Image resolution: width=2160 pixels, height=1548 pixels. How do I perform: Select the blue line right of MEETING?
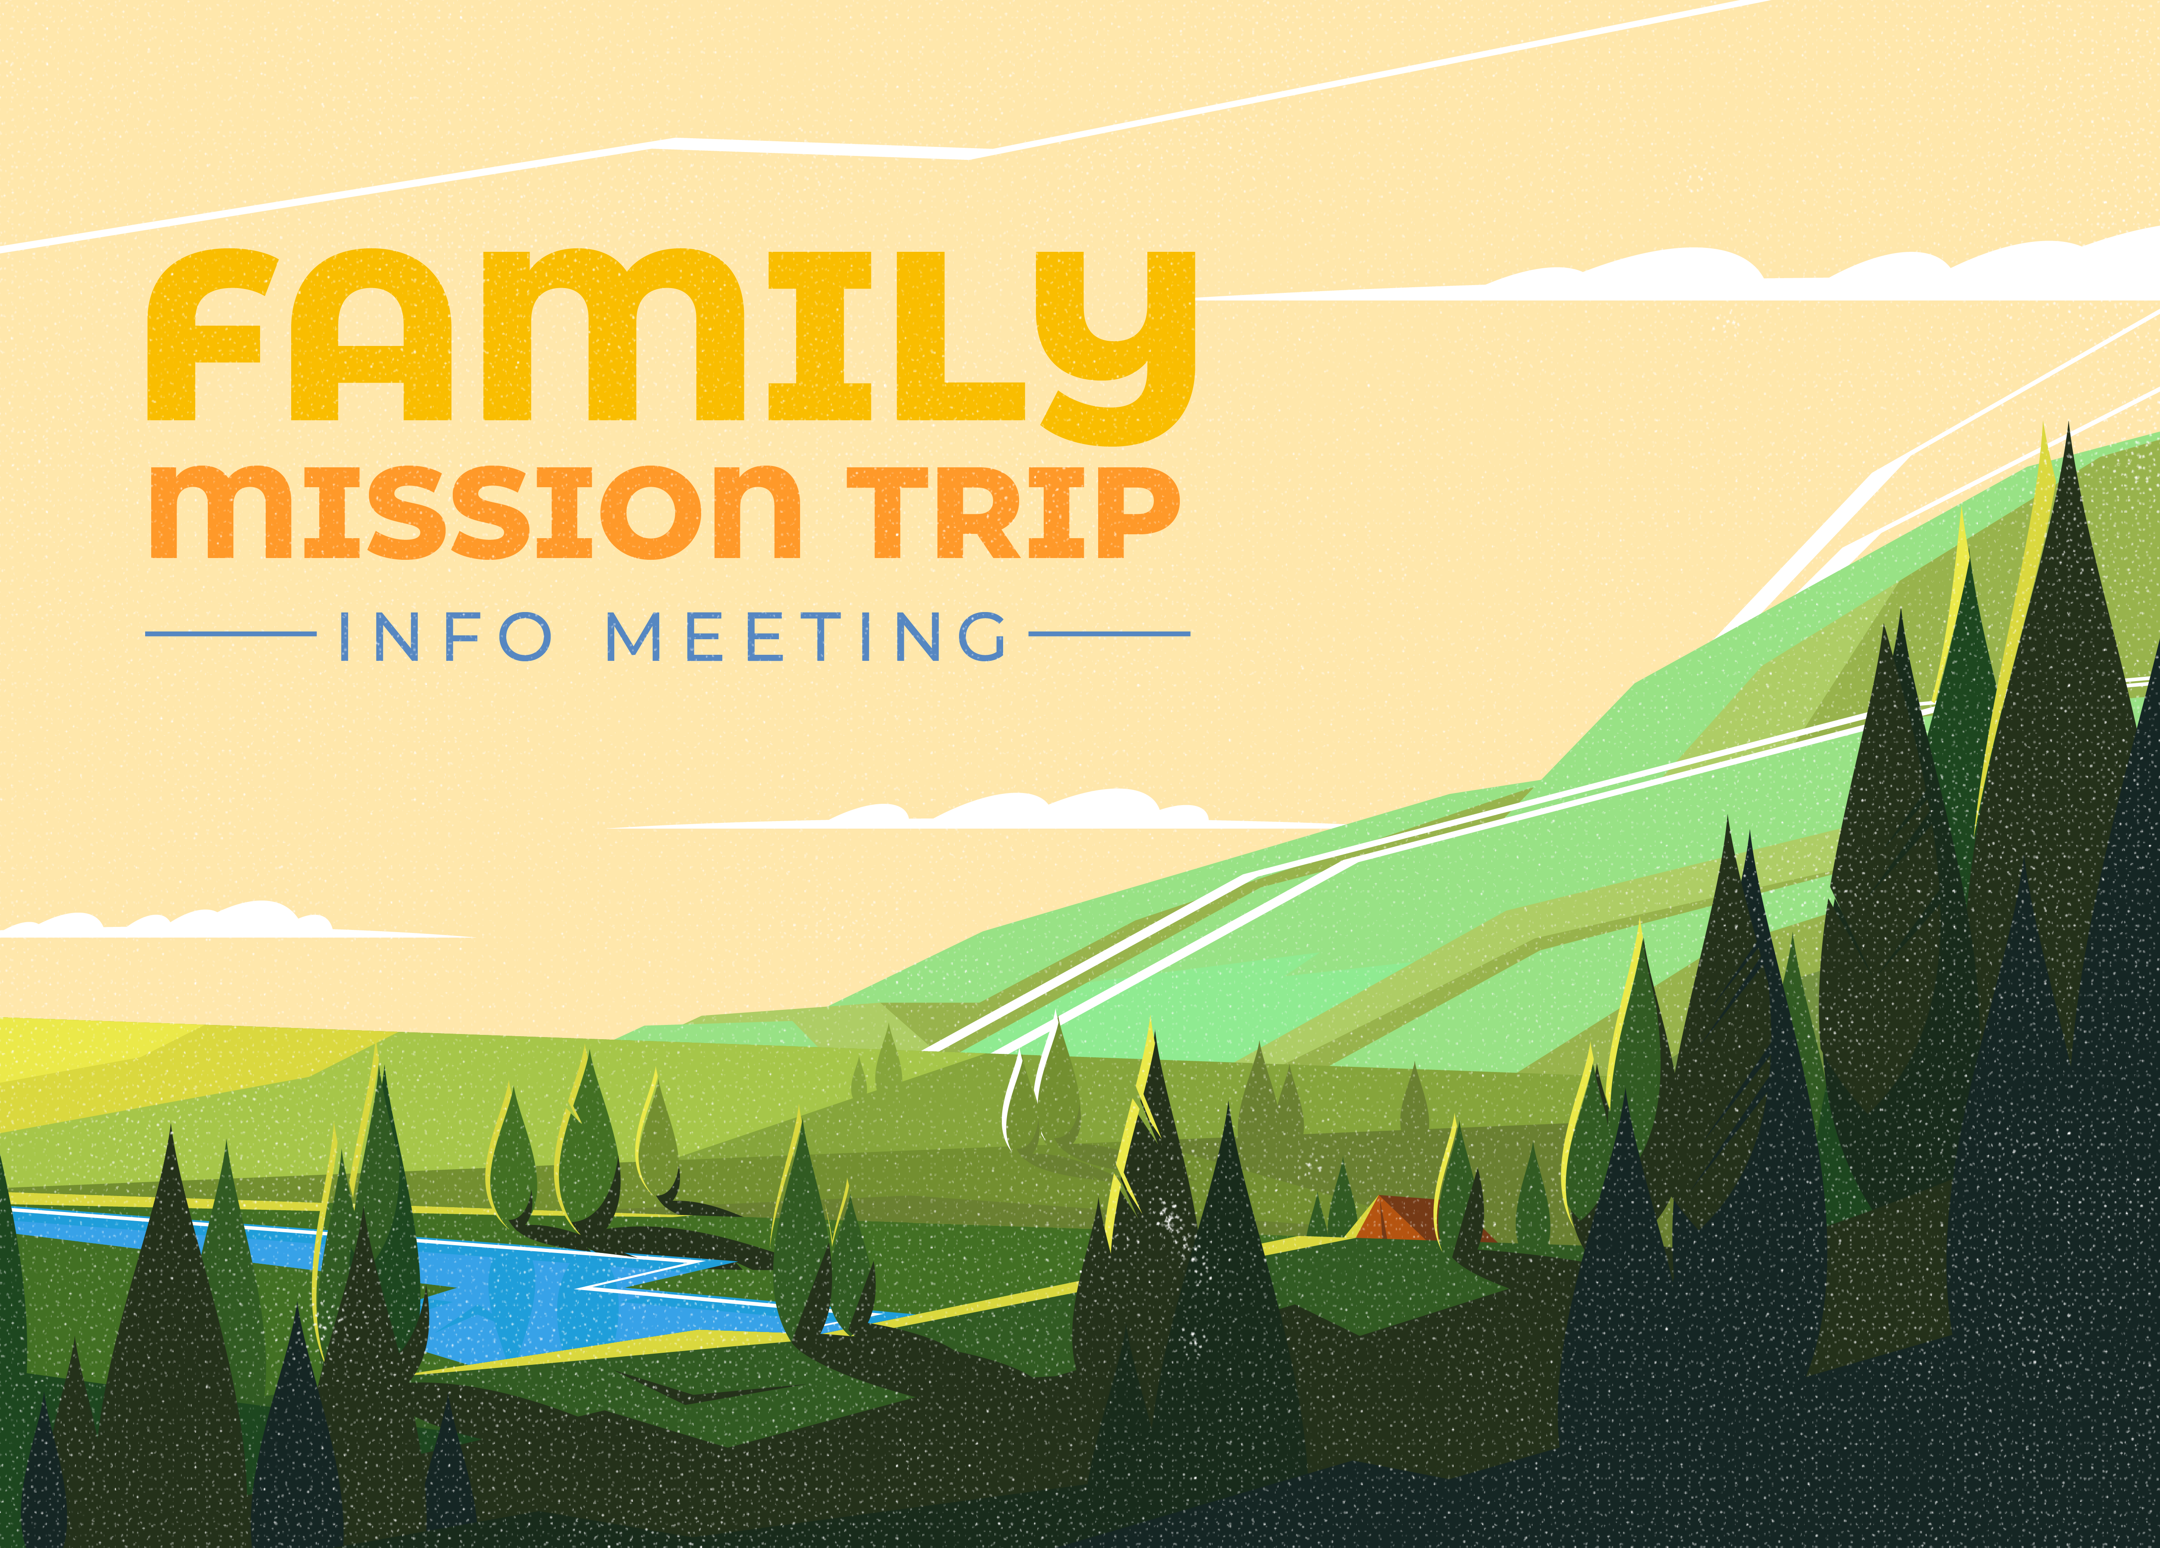[x=1109, y=633]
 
